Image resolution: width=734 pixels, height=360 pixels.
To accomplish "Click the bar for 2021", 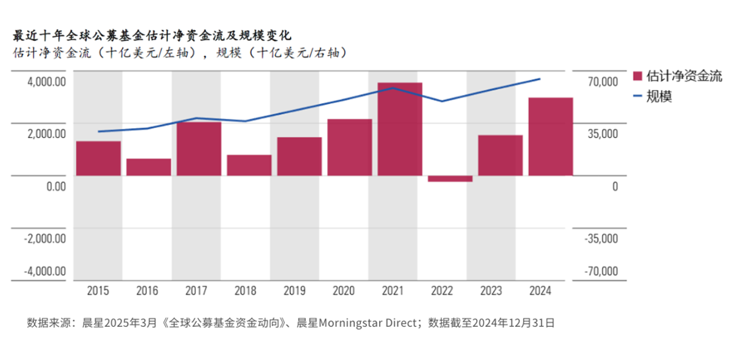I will (x=399, y=129).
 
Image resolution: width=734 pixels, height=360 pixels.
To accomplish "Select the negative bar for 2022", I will (x=449, y=178).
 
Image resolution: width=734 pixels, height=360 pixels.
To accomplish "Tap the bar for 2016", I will (x=148, y=166).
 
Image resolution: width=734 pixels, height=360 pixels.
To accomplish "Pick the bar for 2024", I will (x=550, y=136).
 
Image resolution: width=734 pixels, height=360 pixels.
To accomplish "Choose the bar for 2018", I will (x=249, y=165).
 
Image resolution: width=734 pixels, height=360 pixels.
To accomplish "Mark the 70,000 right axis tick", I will (x=602, y=81).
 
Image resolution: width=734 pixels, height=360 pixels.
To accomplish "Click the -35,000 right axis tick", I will (x=601, y=238).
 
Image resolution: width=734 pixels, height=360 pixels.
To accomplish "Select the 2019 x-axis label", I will (x=298, y=290).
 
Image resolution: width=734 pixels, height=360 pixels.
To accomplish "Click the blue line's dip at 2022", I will (x=442, y=101).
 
